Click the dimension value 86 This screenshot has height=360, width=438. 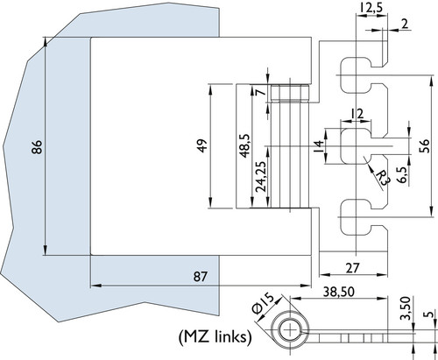[x=38, y=147]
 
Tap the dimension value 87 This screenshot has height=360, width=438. [x=201, y=276]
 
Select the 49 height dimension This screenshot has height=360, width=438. [x=202, y=145]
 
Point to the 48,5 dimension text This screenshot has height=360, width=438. [x=244, y=145]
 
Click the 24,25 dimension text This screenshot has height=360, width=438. [x=261, y=177]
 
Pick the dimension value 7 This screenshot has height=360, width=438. [x=260, y=92]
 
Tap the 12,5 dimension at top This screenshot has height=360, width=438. [x=371, y=8]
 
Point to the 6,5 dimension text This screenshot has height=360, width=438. [x=403, y=175]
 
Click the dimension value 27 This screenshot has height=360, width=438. [x=353, y=268]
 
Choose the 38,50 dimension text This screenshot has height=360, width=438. [x=339, y=292]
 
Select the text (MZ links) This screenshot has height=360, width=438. [x=215, y=337]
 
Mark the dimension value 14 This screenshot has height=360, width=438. [x=319, y=146]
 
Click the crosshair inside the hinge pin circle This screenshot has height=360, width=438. [x=290, y=330]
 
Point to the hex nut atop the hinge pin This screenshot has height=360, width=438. [x=290, y=93]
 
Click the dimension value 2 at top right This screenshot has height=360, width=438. [x=405, y=25]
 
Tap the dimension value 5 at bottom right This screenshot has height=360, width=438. [x=429, y=314]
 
